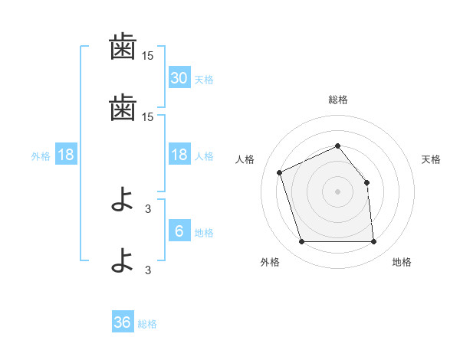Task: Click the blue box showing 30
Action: [x=179, y=77]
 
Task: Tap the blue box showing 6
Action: [x=179, y=230]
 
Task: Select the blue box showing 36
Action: [x=123, y=321]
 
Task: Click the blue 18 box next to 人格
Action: [x=179, y=154]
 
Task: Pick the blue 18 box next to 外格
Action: [x=66, y=154]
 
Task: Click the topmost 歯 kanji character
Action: [x=123, y=46]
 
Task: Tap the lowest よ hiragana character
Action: [x=122, y=260]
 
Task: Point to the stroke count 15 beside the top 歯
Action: [x=147, y=56]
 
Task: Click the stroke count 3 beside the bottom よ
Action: [x=148, y=270]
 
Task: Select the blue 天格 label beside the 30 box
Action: [x=204, y=80]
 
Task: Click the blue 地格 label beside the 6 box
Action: [x=204, y=233]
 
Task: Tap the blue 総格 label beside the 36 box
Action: [x=147, y=324]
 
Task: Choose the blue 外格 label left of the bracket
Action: [x=41, y=156]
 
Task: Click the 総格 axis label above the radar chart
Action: [x=338, y=100]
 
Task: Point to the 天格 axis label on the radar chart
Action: [x=431, y=159]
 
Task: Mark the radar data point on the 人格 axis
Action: [x=280, y=172]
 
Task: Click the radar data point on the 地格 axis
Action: [x=374, y=241]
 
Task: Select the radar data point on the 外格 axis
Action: [x=302, y=241]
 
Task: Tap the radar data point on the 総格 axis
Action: [x=337, y=146]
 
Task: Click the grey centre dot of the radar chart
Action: [x=337, y=191]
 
